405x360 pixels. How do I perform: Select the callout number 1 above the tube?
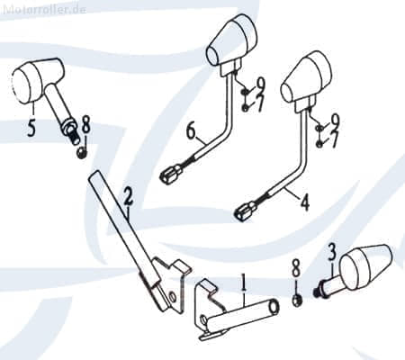[244, 282]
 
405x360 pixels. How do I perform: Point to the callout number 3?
[331, 252]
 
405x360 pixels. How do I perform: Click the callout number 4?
[305, 202]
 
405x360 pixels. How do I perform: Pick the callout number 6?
[191, 131]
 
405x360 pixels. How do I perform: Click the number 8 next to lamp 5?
[86, 125]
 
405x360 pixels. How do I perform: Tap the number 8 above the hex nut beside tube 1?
[296, 267]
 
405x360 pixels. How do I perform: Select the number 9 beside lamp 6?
[260, 85]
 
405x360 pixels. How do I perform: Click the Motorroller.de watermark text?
[44, 9]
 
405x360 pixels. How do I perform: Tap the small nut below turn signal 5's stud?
[81, 153]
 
